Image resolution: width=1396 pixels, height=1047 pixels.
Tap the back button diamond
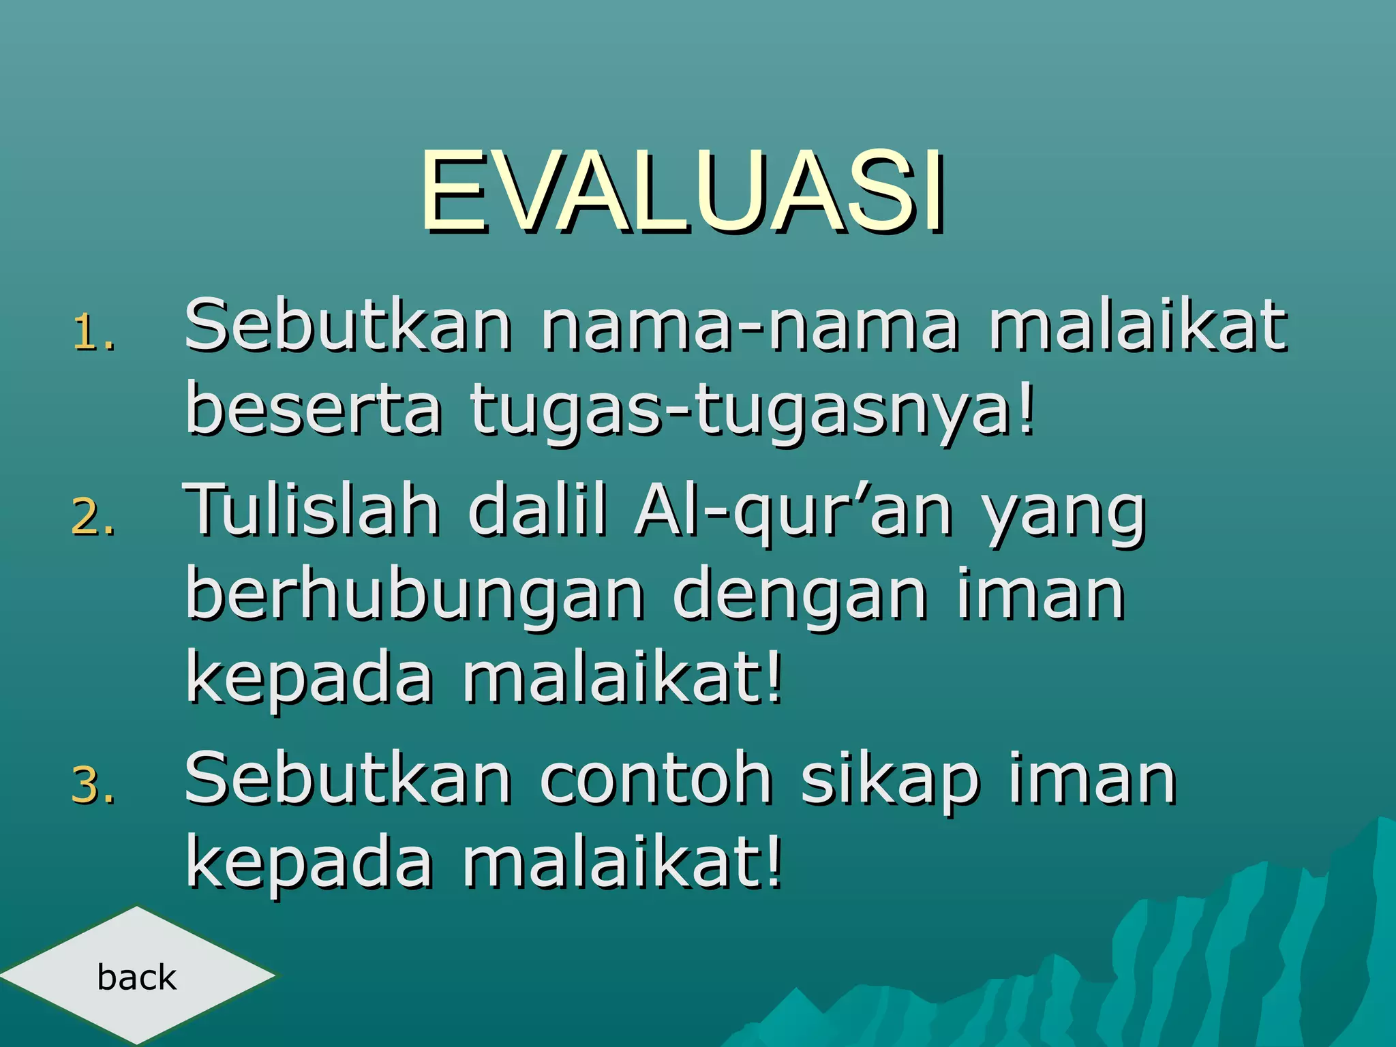point(136,976)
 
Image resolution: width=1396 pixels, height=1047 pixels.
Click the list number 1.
point(93,333)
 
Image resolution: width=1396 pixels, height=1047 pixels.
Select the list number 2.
point(93,517)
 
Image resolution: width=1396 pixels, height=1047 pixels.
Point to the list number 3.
point(93,785)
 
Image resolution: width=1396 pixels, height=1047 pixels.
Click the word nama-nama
point(750,326)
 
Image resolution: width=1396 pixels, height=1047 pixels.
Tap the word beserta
point(314,409)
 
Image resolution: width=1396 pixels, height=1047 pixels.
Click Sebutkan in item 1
point(348,326)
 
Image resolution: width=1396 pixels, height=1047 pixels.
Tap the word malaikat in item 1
point(1138,326)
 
